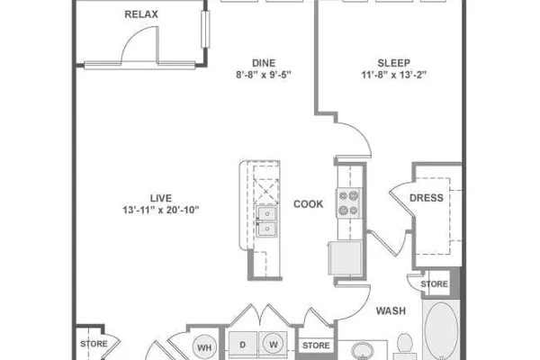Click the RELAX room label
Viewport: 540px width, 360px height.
(x=141, y=14)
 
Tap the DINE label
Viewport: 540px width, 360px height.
(x=264, y=63)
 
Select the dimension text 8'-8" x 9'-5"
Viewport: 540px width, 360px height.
(x=264, y=75)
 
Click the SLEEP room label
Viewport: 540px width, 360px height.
(x=394, y=63)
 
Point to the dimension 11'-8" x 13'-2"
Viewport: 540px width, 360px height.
(x=394, y=75)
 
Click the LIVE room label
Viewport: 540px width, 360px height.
(x=161, y=198)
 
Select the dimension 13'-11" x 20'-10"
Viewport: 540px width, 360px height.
(x=161, y=210)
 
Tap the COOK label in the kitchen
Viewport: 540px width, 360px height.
(x=308, y=204)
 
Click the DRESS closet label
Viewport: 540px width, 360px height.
(x=427, y=198)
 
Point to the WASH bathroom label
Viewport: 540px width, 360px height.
(x=391, y=310)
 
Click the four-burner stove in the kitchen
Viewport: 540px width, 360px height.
(x=348, y=203)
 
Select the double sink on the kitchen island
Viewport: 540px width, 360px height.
(x=266, y=221)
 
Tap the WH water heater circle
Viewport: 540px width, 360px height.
(x=204, y=347)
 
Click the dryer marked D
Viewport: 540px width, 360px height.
(x=243, y=345)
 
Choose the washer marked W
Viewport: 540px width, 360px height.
(x=274, y=344)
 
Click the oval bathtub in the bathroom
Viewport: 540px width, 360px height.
(x=441, y=330)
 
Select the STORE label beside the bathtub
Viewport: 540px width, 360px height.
(x=435, y=284)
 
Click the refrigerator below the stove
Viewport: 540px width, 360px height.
(x=345, y=257)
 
